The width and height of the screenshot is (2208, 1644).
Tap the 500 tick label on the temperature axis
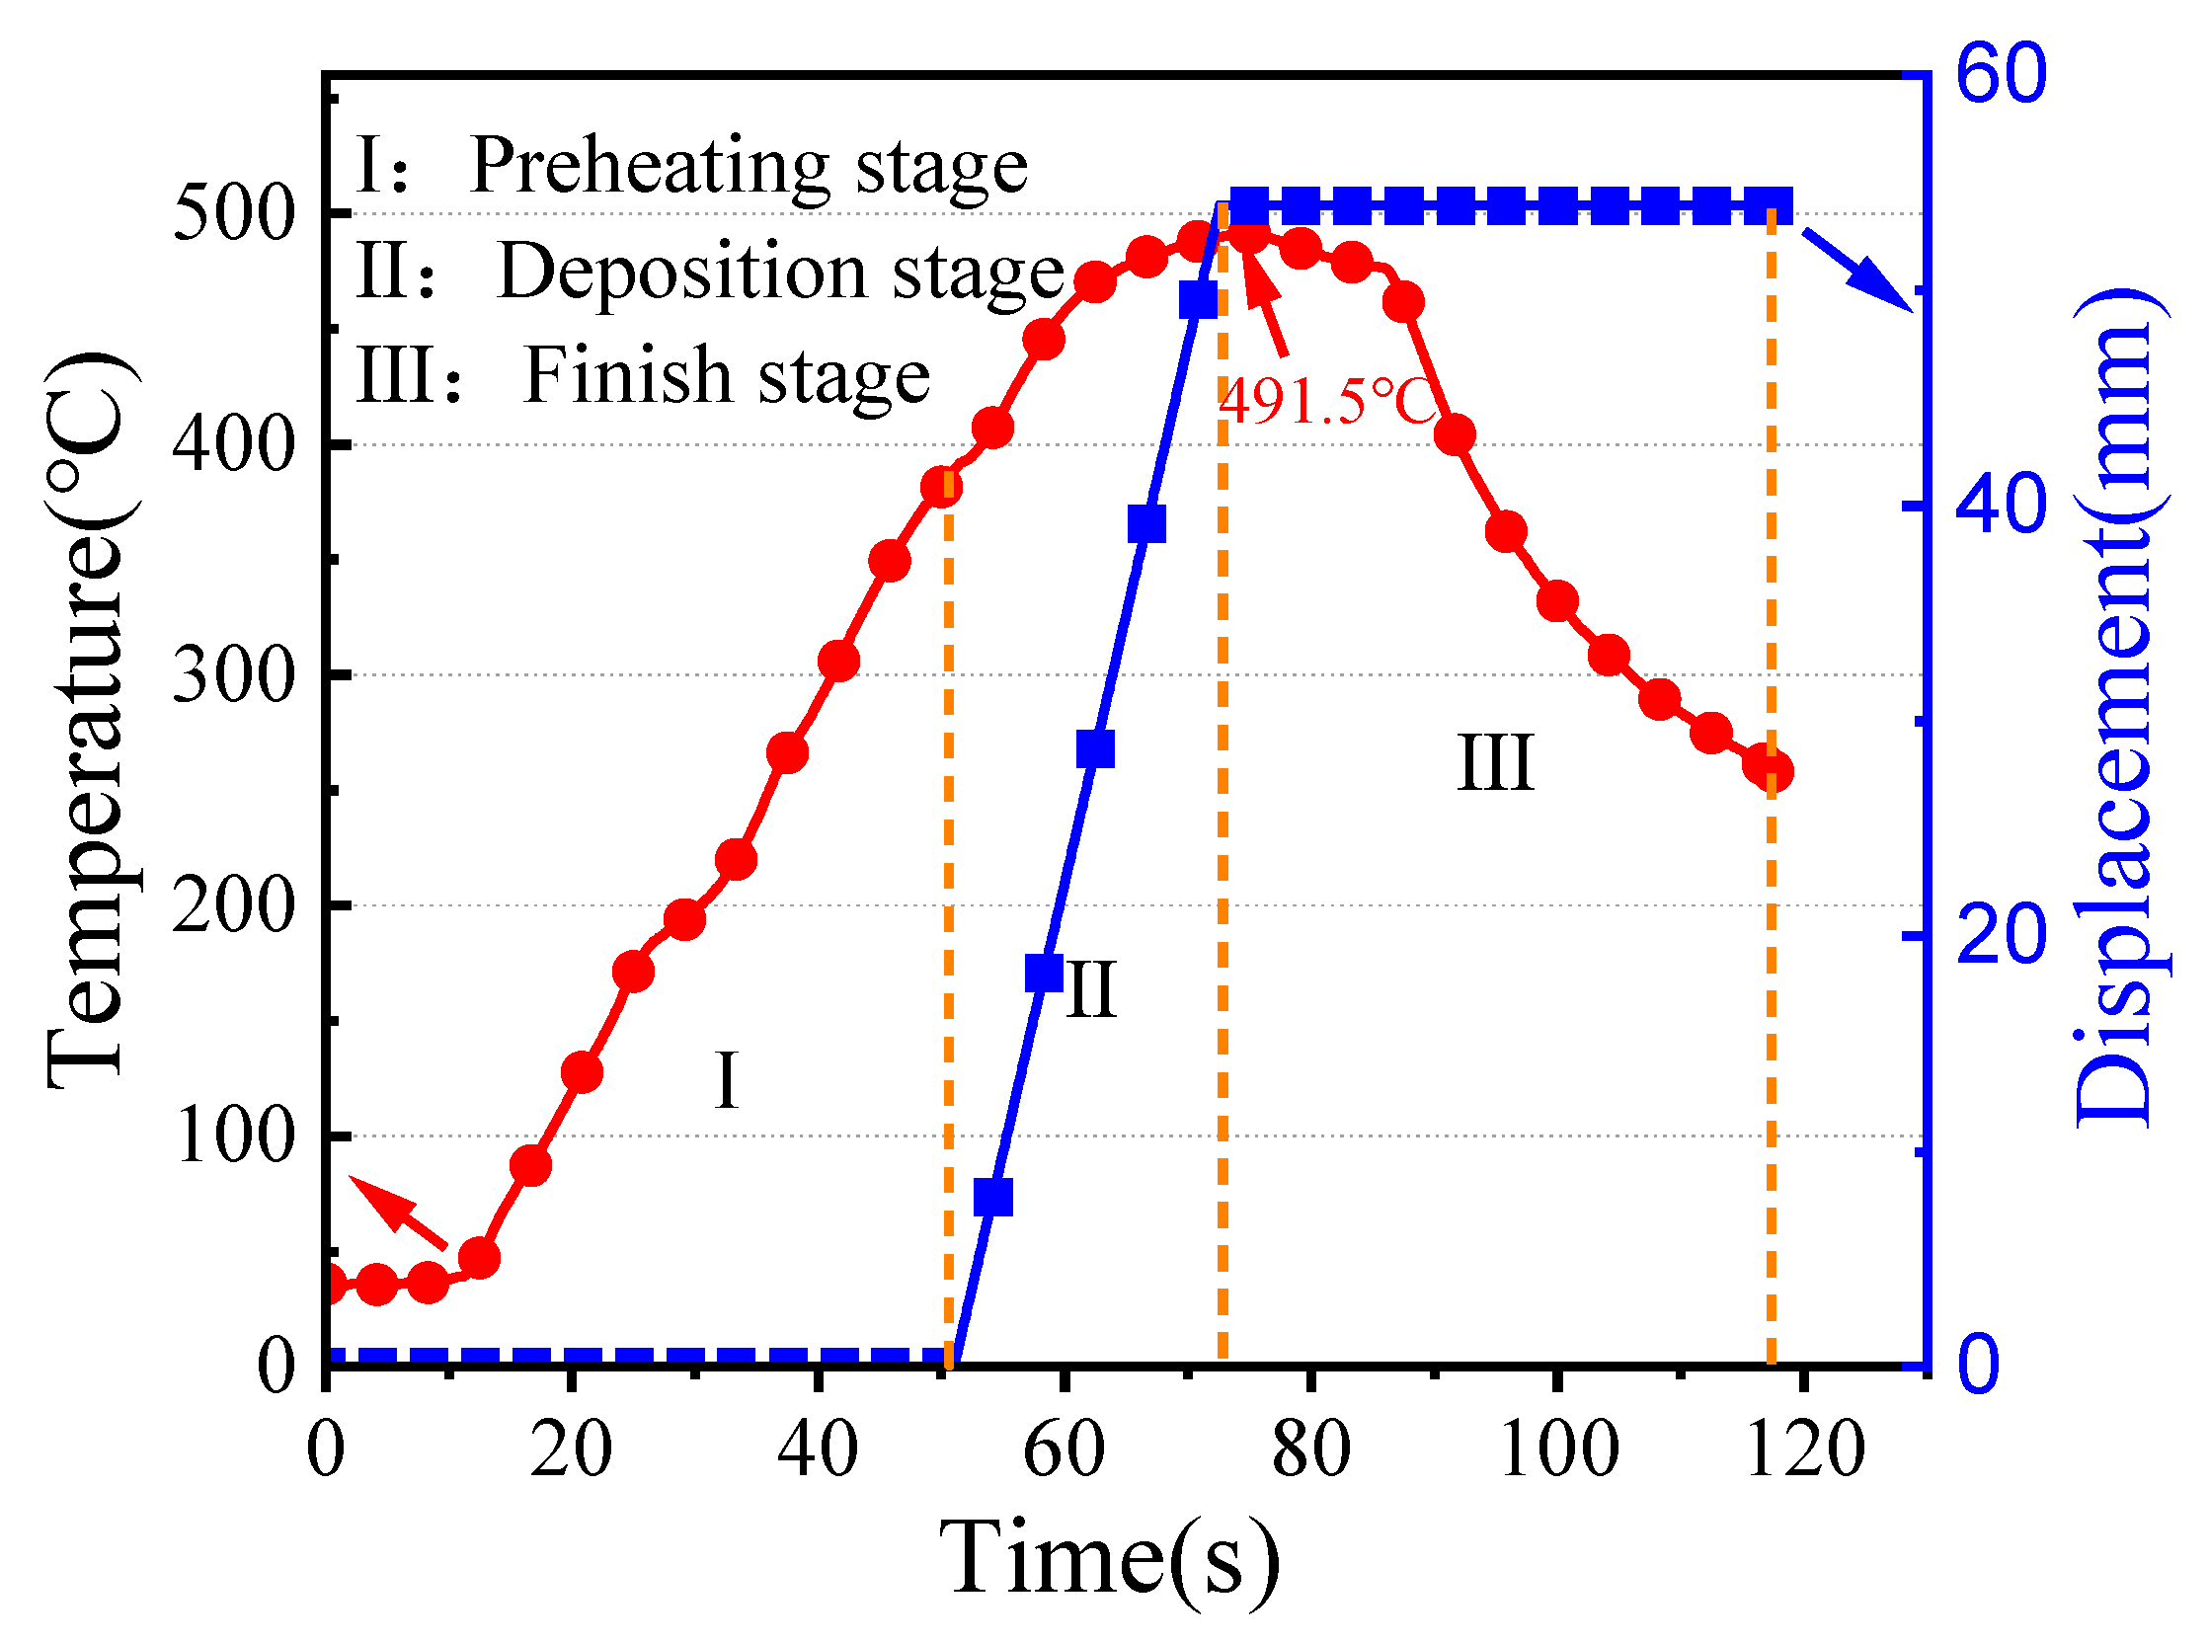235,213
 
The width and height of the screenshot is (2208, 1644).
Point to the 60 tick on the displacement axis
2001,74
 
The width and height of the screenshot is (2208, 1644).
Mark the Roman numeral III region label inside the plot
1495,763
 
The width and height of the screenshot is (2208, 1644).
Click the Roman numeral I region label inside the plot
727,1081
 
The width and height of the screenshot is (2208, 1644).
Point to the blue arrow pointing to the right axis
1856,269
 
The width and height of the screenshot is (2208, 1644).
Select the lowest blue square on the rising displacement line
993,1197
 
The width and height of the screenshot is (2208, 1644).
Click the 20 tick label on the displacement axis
2001,934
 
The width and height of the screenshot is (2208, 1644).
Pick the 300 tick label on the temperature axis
235,675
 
